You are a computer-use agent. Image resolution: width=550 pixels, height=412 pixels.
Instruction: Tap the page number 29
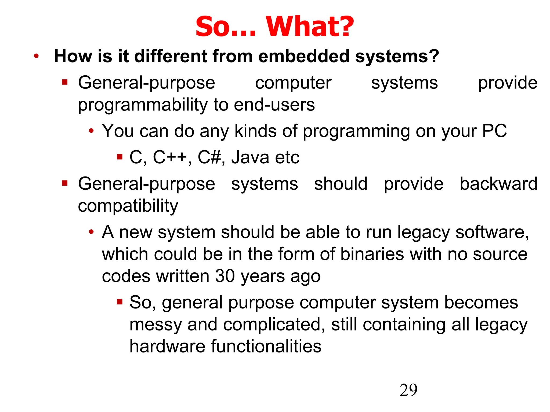click(x=408, y=390)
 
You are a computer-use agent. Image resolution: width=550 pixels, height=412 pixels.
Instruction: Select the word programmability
click(x=143, y=105)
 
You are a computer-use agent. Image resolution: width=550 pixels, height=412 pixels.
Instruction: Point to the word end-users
click(x=274, y=105)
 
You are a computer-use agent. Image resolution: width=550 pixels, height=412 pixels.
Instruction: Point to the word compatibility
click(x=128, y=206)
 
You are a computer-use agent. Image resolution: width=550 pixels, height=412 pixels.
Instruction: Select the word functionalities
click(x=266, y=346)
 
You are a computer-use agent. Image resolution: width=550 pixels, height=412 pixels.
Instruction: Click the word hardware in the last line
click(x=167, y=346)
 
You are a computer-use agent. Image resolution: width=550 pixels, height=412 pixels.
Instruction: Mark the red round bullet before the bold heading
click(x=36, y=56)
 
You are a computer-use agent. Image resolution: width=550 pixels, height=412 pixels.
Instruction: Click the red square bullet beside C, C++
click(x=120, y=156)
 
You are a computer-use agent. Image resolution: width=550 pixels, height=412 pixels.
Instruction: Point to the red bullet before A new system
click(x=91, y=232)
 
